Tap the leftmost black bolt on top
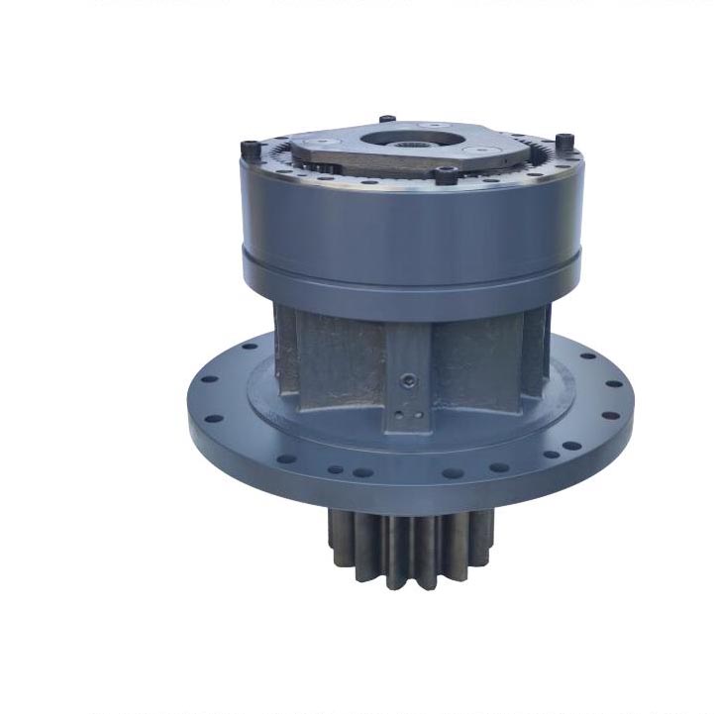tap(248, 150)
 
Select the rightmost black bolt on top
tap(563, 142)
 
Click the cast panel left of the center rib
tap(337, 361)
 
